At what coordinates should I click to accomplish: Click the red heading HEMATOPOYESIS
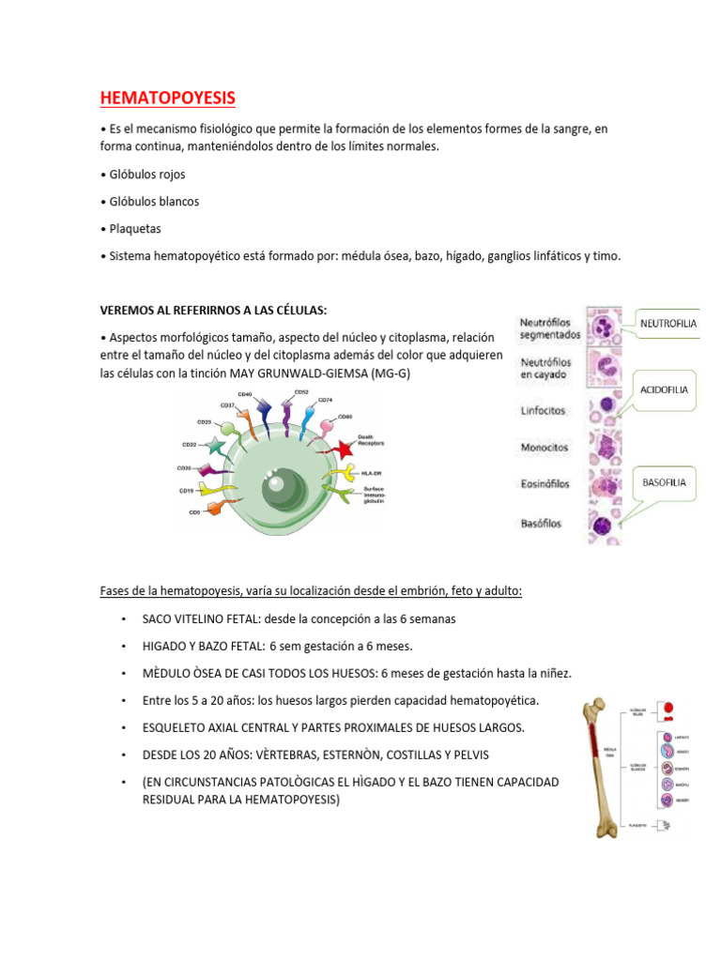pos(168,98)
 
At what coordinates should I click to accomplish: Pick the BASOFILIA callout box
pos(664,482)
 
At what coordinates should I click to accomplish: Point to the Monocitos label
pos(545,448)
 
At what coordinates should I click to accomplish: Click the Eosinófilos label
pos(547,485)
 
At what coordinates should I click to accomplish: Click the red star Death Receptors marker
pos(341,449)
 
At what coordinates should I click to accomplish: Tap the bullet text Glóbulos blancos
pos(153,201)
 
